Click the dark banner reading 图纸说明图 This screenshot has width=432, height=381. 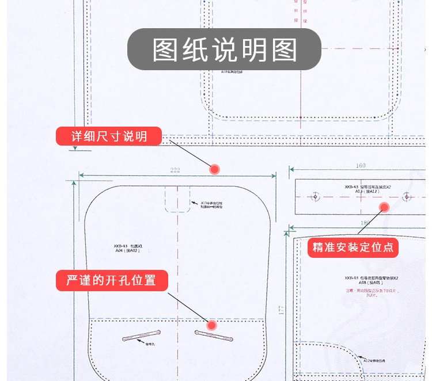point(224,49)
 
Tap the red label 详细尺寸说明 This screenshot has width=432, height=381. point(109,136)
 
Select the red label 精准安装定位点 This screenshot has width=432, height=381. point(353,247)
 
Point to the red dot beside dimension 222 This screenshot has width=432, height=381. point(214,169)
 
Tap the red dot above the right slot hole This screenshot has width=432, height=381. point(211,325)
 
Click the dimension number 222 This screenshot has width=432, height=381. point(175,170)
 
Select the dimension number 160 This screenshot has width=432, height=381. point(361,166)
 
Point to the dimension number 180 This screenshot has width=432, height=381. point(365,223)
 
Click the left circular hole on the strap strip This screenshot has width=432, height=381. point(315,197)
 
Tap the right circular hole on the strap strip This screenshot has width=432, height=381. point(407,197)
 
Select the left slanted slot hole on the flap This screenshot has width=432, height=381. point(141,336)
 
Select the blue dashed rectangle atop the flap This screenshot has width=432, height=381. point(178,199)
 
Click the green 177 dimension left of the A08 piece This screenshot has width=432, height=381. point(282,311)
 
